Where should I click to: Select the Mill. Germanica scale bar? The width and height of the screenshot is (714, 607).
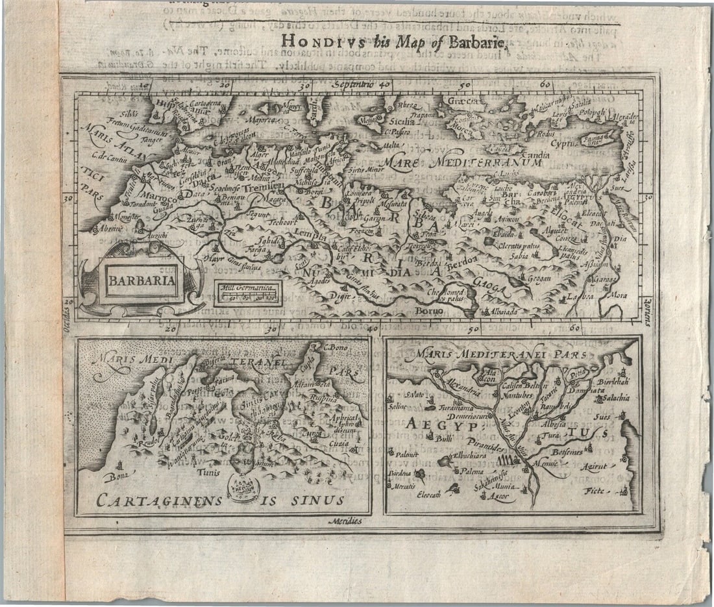click(x=247, y=294)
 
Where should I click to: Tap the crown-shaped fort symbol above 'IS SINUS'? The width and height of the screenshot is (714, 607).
click(x=244, y=484)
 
